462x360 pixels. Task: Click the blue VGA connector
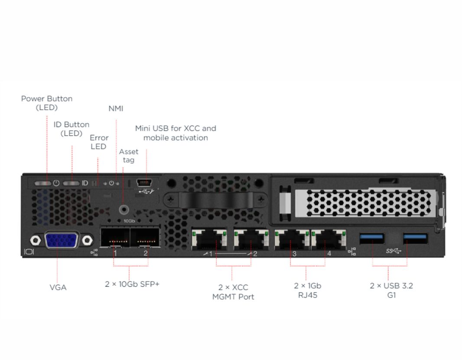pos(61,240)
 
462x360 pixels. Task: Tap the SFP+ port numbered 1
pos(115,237)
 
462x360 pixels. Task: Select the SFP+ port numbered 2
pos(145,237)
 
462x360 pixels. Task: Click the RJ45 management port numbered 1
pos(209,239)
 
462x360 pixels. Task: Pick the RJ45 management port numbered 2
pos(251,239)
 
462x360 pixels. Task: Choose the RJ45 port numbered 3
pos(292,239)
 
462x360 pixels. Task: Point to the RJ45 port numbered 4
pos(329,239)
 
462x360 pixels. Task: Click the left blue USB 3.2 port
pos(372,238)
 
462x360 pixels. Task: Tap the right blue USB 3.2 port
pos(415,238)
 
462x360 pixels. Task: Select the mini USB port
pos(144,183)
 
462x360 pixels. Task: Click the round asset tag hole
pos(124,210)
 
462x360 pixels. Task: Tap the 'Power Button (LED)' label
pos(46,103)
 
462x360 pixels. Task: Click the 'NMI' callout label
pos(116,108)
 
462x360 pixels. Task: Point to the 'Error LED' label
pos(99,142)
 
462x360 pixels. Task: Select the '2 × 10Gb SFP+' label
pos(132,284)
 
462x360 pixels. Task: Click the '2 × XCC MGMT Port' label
pos(233,292)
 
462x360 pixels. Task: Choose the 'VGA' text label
pos(58,288)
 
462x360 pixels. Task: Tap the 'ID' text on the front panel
pos(85,183)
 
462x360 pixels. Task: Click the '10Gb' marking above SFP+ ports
pos(129,221)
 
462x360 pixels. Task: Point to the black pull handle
pos(216,200)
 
